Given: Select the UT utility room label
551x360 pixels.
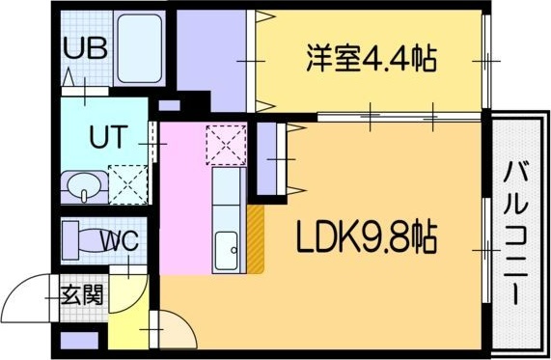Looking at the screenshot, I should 106,137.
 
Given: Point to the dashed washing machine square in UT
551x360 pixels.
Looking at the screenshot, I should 126,183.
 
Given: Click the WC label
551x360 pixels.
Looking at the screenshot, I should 119,238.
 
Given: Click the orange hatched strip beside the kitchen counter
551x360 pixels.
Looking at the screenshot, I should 256,239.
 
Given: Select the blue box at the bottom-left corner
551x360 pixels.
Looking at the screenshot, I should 79,340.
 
